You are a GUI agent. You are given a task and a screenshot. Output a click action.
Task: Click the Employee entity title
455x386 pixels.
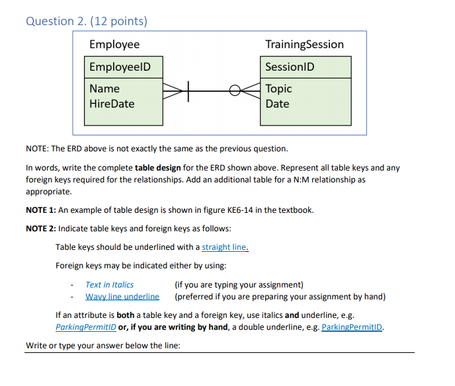114,44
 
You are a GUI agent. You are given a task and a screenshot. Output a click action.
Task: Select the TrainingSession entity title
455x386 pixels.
304,44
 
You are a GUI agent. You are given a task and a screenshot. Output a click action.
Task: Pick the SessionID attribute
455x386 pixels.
289,67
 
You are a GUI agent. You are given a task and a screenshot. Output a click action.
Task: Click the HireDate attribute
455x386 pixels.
112,104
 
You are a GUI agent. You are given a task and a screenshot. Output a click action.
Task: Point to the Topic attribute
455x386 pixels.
278,89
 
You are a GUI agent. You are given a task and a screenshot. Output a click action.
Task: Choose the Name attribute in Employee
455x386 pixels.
104,89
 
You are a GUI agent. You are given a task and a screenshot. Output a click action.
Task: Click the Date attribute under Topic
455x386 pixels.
277,104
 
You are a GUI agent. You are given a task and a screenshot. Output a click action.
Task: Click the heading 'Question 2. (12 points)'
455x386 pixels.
86,21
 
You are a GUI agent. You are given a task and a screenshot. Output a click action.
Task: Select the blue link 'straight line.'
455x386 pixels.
226,247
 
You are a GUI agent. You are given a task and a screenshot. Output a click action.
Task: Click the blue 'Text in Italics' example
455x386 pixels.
109,284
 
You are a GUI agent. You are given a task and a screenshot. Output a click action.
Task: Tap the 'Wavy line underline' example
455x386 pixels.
122,296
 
